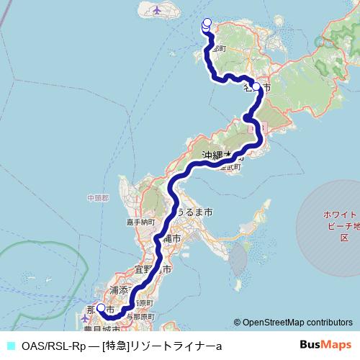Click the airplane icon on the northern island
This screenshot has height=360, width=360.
[158, 10]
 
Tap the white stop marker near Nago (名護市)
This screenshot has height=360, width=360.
[256, 85]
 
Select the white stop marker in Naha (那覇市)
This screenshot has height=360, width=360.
[101, 308]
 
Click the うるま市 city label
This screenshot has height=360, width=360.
[194, 213]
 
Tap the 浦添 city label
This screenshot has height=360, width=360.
[118, 290]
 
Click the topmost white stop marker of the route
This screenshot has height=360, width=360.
[207, 22]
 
